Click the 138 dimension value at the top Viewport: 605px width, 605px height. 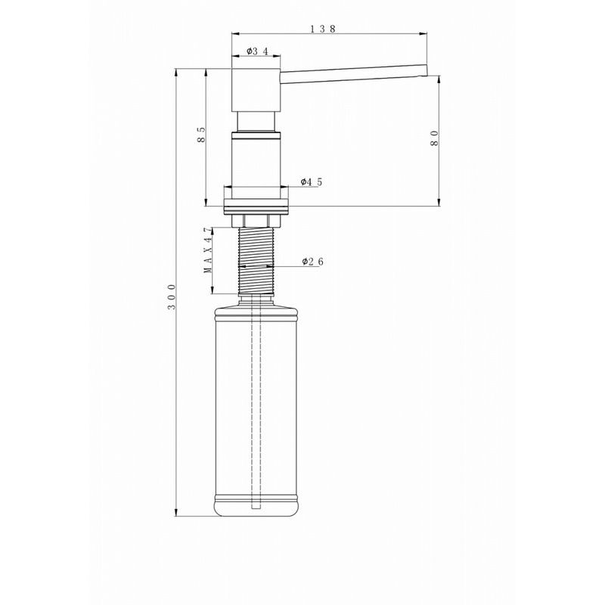pyautogui.click(x=323, y=28)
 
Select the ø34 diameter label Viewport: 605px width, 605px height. pyautogui.click(x=257, y=51)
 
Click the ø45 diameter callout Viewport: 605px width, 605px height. pyautogui.click(x=311, y=181)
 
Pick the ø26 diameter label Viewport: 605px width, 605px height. pyautogui.click(x=312, y=262)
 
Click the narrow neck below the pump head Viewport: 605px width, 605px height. pyautogui.click(x=256, y=122)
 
